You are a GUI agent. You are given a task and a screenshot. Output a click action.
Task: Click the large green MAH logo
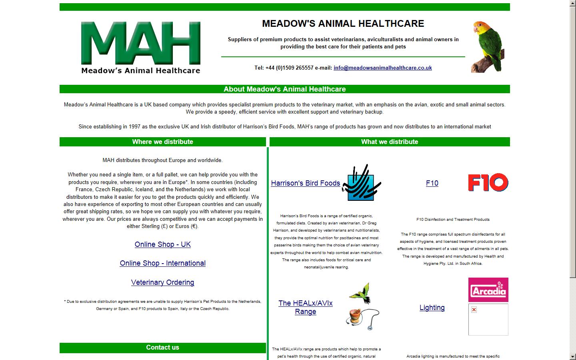[141, 47]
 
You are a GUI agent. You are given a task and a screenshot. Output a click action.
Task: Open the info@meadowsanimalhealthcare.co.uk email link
[382, 68]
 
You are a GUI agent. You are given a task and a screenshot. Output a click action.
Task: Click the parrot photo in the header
[488, 47]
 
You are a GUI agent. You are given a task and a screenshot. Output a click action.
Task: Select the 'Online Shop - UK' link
[162, 244]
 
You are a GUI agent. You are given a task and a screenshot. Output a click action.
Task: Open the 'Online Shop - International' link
[162, 263]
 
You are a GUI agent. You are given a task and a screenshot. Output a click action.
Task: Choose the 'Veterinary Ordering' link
[162, 282]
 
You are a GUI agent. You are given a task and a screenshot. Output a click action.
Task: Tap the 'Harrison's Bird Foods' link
[305, 183]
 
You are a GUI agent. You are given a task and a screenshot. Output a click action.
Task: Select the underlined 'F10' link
[432, 183]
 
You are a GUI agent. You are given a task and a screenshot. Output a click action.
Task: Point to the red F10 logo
[488, 182]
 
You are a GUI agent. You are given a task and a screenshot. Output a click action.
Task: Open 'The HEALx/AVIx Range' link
[305, 307]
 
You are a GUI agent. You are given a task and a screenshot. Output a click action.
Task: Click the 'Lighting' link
[432, 308]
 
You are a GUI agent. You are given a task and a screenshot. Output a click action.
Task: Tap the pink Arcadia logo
[488, 290]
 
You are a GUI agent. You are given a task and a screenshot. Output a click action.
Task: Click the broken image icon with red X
[474, 310]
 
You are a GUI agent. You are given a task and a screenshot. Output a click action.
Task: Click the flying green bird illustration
[360, 293]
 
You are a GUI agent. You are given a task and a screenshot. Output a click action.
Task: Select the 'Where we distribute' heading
[162, 142]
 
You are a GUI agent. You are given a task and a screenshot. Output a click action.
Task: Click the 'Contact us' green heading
[162, 348]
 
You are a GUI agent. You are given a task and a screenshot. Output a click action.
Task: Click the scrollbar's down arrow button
[573, 356]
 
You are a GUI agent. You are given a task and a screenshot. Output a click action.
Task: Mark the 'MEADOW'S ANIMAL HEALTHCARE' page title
[343, 24]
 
